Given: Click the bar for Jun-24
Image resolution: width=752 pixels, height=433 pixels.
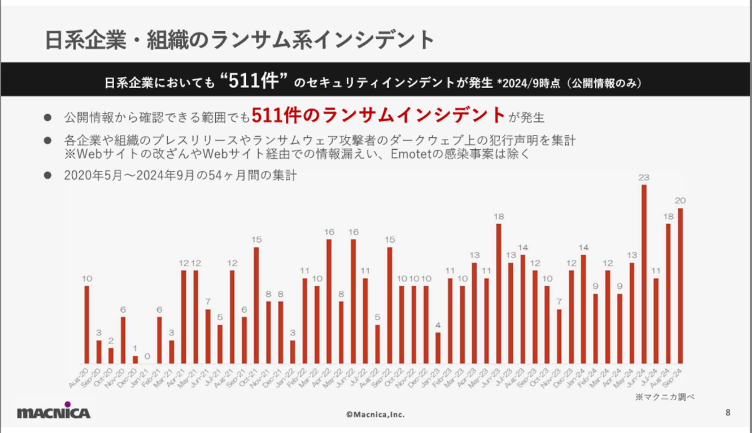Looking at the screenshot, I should click(644, 274).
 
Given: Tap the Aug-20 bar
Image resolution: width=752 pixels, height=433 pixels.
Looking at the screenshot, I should click(87, 325).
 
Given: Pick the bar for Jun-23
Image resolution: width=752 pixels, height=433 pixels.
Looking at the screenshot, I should click(498, 294).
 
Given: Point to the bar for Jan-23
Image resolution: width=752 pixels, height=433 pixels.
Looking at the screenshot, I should click(438, 348).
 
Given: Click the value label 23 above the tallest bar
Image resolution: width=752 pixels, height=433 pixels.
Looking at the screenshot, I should click(644, 178).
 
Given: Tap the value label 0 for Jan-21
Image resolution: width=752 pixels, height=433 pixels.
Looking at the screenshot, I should click(147, 356).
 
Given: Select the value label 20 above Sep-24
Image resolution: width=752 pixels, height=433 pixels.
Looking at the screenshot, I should click(680, 201).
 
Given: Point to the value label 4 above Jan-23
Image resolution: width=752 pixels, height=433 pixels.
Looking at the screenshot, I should click(438, 325).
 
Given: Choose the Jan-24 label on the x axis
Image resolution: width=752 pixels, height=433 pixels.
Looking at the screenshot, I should click(577, 378).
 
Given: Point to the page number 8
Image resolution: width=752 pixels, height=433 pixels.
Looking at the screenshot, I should click(728, 413).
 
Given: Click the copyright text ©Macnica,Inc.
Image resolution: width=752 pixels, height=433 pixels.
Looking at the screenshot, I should click(375, 415).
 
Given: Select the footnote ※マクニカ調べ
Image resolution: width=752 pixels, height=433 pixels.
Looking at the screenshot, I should click(665, 397).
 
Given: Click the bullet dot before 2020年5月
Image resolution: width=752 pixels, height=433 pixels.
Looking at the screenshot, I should click(48, 175).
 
